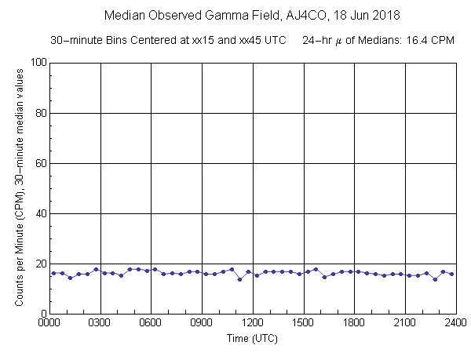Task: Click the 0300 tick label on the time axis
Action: (x=100, y=322)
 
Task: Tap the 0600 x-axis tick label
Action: (x=151, y=322)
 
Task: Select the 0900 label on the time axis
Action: (x=202, y=322)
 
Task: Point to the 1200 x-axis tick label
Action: (x=253, y=322)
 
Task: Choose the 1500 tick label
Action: (x=303, y=322)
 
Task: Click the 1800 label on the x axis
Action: (x=354, y=322)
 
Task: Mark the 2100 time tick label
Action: (x=405, y=322)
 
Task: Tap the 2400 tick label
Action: (x=455, y=322)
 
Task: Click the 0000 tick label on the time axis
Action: (x=49, y=322)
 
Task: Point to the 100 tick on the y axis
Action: (x=36, y=63)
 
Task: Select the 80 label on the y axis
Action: (x=38, y=113)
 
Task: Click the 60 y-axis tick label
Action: (x=38, y=163)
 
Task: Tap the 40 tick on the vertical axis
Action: (x=38, y=213)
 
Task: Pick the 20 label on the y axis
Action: (x=38, y=264)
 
